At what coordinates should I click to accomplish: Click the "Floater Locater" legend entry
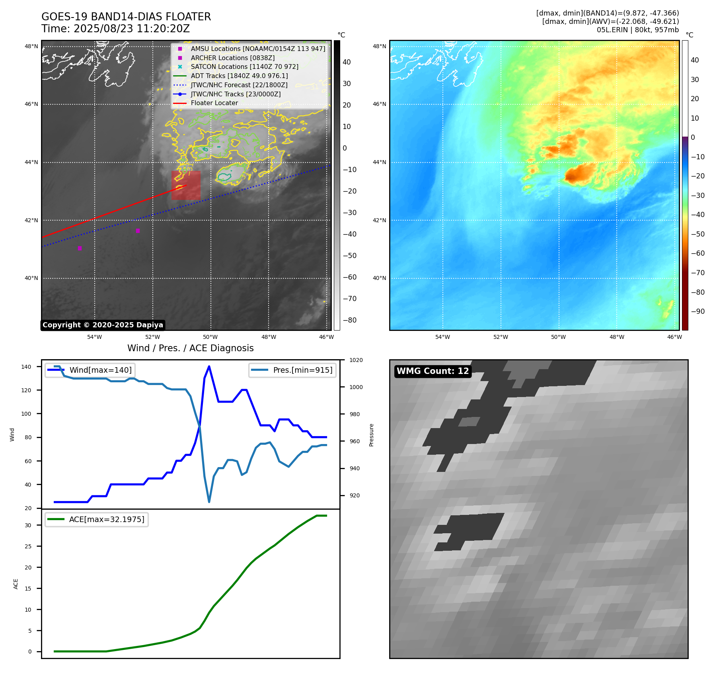[x=214, y=103]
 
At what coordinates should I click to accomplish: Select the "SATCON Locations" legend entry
[x=244, y=67]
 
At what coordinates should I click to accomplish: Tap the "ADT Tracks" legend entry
[x=239, y=76]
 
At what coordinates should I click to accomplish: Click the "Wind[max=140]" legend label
[x=100, y=370]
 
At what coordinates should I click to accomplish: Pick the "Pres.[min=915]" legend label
[x=302, y=370]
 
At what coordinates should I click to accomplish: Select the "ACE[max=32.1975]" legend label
[x=107, y=520]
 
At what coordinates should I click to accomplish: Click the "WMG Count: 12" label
[x=433, y=371]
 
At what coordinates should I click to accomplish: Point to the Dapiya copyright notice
[x=103, y=325]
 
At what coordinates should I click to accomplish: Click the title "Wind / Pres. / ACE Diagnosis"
[x=190, y=348]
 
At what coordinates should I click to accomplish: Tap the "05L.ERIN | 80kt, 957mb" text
[x=637, y=30]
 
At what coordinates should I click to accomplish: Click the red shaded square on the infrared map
[x=186, y=186]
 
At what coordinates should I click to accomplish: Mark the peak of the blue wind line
[x=209, y=366]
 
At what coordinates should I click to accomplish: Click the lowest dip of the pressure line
[x=209, y=502]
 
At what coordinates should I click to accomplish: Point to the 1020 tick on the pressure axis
[x=356, y=360]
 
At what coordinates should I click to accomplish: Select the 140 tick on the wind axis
[x=26, y=367]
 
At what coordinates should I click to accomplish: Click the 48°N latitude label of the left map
[x=31, y=47]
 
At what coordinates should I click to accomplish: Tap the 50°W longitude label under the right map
[x=558, y=337]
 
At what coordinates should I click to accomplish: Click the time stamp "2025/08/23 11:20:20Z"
[x=132, y=29]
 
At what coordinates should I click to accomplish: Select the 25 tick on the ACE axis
[x=28, y=546]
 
